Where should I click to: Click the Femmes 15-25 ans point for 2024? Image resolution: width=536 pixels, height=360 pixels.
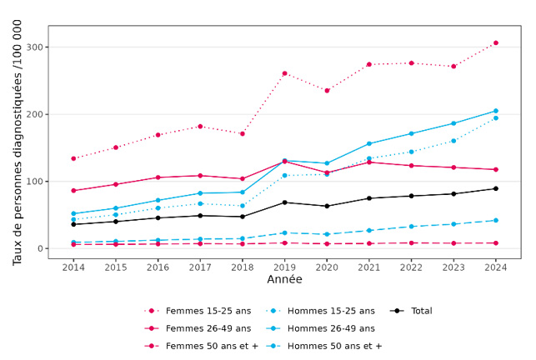point(495,42)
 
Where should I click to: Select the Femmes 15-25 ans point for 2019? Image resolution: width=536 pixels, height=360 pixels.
point(284,73)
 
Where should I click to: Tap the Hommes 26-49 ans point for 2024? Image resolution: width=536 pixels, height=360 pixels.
point(495,111)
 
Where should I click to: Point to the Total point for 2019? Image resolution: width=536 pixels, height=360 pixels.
point(284,202)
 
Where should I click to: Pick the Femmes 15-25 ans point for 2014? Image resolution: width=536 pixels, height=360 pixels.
point(73,158)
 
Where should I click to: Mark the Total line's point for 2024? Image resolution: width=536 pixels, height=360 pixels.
point(495,188)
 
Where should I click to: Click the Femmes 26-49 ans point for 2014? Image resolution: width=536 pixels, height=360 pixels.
point(73,191)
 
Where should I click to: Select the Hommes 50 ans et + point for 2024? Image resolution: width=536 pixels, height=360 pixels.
point(495,220)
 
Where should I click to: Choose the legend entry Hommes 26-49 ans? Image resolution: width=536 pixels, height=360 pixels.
point(330,328)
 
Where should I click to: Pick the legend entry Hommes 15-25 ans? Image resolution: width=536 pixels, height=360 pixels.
point(330,311)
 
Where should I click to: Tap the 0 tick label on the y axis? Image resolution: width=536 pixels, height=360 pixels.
point(39,248)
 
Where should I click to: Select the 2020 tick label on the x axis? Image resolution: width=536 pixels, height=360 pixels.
point(326,266)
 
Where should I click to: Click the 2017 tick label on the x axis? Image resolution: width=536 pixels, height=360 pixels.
point(200,266)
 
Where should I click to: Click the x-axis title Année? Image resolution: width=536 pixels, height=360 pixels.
point(284,280)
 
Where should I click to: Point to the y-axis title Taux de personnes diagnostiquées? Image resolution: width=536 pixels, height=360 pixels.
point(18,142)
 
